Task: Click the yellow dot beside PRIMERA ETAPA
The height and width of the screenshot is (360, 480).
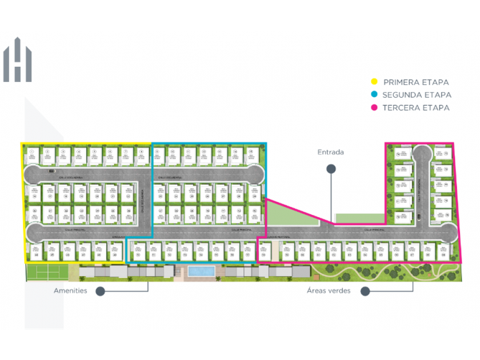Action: (x=375, y=82)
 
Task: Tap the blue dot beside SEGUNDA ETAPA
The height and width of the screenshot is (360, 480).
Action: (x=375, y=95)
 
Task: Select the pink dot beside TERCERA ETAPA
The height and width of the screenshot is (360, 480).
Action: (x=375, y=107)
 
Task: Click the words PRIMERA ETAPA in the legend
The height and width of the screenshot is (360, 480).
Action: (x=416, y=82)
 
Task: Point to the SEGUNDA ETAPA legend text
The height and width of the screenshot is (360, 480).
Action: (x=417, y=95)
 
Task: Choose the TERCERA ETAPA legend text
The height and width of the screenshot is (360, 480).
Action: (x=416, y=107)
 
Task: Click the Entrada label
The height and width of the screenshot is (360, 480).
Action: (x=331, y=152)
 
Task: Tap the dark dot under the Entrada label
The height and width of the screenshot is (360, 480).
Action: (x=331, y=169)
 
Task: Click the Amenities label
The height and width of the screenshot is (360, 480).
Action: (x=70, y=291)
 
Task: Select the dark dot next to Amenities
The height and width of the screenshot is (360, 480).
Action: (x=100, y=291)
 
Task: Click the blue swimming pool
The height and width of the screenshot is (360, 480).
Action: (x=202, y=270)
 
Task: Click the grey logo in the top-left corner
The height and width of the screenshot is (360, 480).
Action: (x=17, y=60)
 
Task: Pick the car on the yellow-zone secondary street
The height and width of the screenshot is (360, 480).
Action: (x=52, y=170)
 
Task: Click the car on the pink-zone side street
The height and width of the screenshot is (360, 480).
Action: (x=419, y=216)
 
